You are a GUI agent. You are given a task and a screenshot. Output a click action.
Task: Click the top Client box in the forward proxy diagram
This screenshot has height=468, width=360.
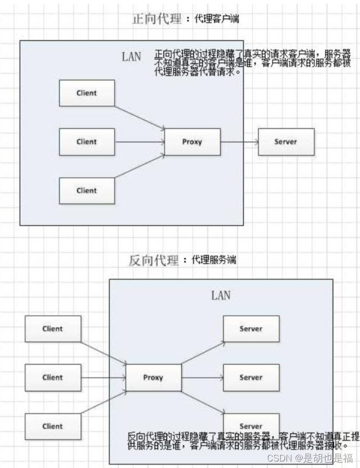(x=86, y=93)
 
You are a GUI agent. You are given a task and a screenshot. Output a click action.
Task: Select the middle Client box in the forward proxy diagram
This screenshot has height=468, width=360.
(x=86, y=141)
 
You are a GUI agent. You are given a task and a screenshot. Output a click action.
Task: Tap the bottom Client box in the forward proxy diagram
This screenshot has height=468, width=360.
(x=86, y=190)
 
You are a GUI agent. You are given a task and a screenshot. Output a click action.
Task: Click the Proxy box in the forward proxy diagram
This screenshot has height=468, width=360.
(x=192, y=141)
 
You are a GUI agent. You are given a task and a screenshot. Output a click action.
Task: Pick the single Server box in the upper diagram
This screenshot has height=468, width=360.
(x=285, y=141)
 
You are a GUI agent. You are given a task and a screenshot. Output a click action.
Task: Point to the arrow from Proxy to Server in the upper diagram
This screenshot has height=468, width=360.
(x=239, y=141)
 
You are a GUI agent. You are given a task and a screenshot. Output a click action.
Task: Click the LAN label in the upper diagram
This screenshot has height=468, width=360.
(x=131, y=56)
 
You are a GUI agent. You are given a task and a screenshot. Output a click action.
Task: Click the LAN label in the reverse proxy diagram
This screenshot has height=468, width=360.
(x=220, y=295)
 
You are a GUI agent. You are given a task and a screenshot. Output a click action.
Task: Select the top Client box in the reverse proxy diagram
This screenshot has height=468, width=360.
(x=52, y=329)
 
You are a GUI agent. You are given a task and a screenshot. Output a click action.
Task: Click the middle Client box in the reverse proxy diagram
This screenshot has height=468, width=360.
(x=52, y=377)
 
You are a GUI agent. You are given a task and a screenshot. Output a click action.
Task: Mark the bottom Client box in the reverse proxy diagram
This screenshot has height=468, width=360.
(x=52, y=426)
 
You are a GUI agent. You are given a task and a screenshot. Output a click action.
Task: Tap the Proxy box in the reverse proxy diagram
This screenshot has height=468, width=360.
(x=153, y=377)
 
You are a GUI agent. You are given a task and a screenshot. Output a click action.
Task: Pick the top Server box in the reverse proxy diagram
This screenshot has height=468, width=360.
(x=250, y=329)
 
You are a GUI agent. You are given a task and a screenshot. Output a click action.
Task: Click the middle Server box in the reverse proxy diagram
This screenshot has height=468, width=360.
(x=250, y=377)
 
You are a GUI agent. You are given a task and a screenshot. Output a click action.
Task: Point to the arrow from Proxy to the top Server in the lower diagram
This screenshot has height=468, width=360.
(x=202, y=353)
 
